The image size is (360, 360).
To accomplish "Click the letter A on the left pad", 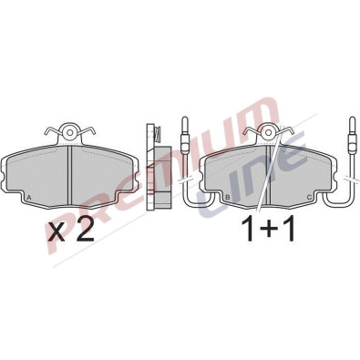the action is (29, 198).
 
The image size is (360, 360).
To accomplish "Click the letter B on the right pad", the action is (228, 198).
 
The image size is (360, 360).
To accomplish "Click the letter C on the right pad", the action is (309, 198).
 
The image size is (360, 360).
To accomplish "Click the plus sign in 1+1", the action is (267, 231).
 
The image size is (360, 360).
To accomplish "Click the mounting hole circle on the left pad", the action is (70, 132).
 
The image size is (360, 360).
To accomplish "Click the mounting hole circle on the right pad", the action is (269, 132).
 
